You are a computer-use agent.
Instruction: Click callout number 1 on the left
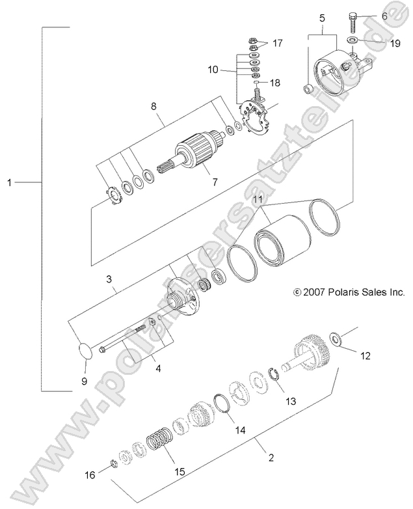click(10, 183)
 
